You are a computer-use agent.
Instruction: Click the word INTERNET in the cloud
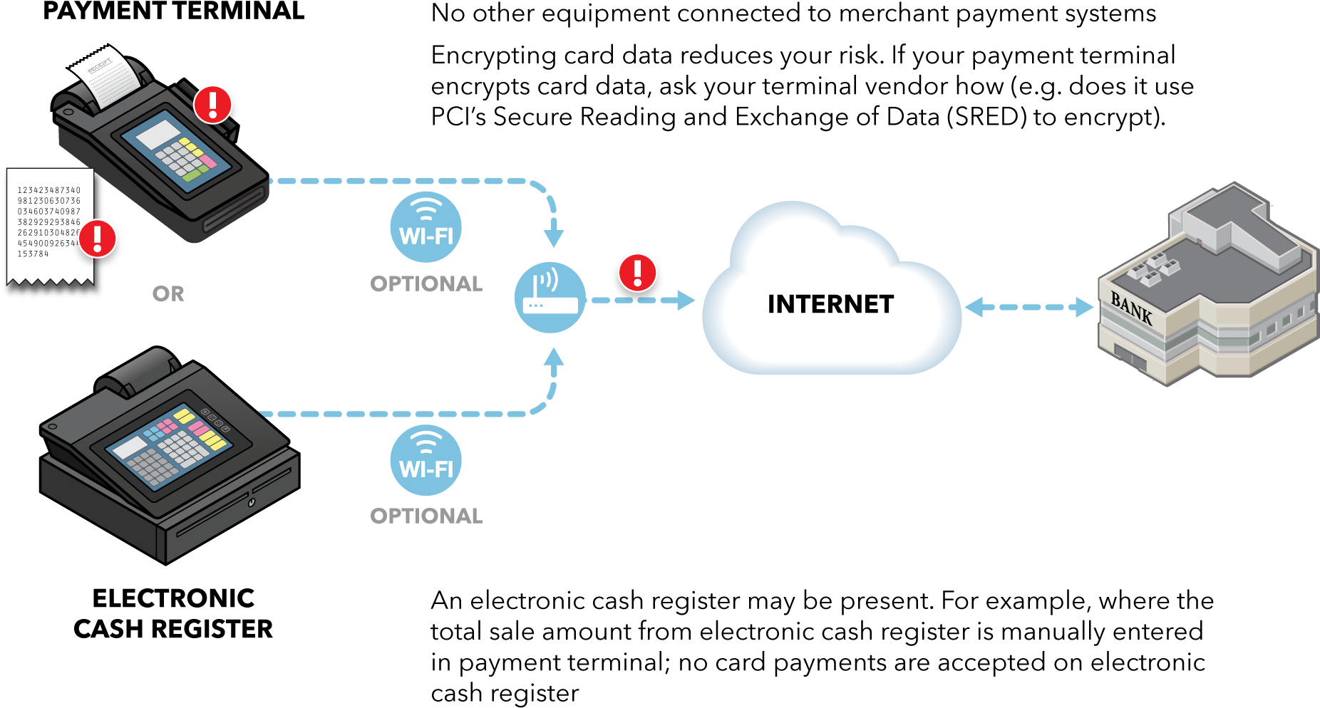click(830, 304)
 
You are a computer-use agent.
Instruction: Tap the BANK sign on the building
click(1131, 308)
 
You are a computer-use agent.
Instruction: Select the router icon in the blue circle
click(550, 298)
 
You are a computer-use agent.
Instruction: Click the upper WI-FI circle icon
click(426, 227)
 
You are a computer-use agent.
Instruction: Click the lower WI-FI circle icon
click(426, 460)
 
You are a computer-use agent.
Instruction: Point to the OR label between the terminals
click(168, 293)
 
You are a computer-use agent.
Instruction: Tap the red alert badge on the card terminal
click(213, 105)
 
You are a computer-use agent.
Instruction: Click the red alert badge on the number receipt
click(98, 238)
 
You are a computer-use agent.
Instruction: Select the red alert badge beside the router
click(637, 273)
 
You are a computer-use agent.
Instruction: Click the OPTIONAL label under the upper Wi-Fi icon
click(426, 283)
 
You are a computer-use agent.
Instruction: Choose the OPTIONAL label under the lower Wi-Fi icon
click(426, 516)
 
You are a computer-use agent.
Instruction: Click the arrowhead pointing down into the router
click(554, 238)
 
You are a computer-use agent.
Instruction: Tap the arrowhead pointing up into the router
click(554, 356)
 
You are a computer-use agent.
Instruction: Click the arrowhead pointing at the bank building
click(1084, 307)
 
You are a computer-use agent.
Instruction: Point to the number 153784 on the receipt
click(33, 254)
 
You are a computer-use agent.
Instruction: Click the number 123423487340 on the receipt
click(49, 190)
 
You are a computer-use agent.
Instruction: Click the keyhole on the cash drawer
click(251, 503)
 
